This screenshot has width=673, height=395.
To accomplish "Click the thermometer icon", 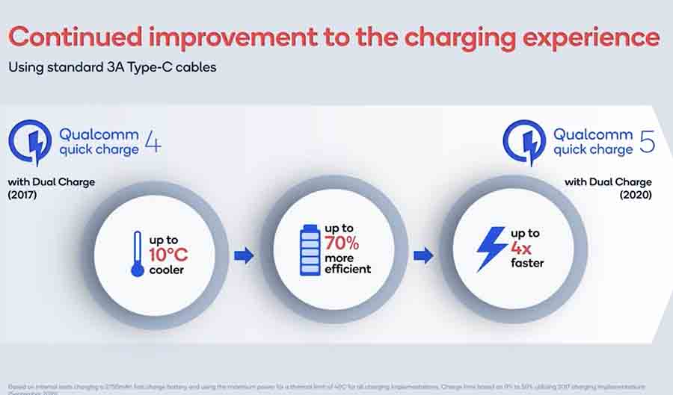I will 137,254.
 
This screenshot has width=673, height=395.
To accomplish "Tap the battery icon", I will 307,248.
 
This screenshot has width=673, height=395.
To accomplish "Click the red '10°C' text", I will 168,255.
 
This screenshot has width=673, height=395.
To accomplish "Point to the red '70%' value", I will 342,243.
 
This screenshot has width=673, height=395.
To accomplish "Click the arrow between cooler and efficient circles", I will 244,256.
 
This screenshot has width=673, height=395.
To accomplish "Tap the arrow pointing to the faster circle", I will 423,256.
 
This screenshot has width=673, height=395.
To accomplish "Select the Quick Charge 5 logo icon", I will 523,143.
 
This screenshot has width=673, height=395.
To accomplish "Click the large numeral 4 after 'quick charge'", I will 152,142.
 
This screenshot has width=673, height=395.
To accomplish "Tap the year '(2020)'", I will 634,196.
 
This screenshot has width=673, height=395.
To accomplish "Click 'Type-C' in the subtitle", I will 131,67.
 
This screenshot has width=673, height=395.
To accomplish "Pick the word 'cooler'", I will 167,270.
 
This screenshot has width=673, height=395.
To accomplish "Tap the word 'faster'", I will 527,263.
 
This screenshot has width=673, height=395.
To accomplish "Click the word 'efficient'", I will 348,269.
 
